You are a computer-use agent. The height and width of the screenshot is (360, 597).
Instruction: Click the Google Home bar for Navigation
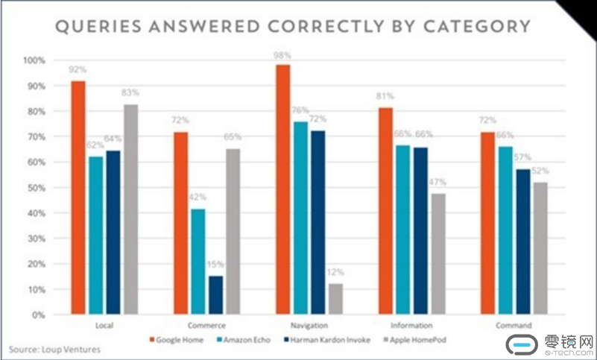click(283, 190)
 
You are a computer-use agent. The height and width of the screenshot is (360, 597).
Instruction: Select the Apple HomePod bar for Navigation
click(335, 299)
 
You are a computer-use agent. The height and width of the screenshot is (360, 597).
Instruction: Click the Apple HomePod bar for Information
click(438, 253)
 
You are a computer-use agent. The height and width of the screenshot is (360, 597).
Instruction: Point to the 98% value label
click(282, 56)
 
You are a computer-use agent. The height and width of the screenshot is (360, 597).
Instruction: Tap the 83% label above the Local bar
click(130, 92)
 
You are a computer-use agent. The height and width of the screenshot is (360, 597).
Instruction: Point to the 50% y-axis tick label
click(36, 188)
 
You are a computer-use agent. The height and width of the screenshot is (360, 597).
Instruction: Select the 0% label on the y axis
click(38, 315)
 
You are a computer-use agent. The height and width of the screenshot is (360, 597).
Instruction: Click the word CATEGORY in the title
click(477, 27)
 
